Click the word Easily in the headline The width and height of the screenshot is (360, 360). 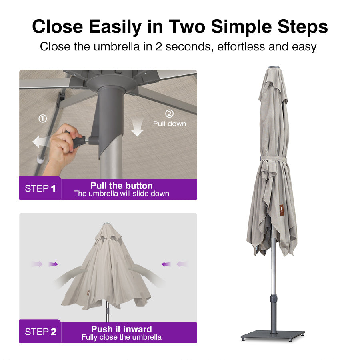[115, 27]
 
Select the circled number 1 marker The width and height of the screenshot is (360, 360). [43, 118]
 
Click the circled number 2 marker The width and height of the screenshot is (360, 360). [170, 114]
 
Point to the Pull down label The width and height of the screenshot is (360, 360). [170, 124]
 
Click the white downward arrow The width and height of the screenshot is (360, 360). [137, 128]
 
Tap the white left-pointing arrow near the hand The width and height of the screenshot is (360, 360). [41, 141]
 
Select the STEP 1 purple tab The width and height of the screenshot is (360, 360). [40, 188]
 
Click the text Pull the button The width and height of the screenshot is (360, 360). [122, 186]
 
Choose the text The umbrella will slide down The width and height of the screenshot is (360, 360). [121, 194]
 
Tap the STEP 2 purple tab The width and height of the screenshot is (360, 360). [40, 331]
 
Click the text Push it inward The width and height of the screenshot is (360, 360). [122, 329]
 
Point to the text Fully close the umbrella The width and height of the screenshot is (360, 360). [122, 337]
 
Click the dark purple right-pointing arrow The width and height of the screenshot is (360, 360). [53, 264]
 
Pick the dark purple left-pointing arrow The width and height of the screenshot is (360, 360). [166, 264]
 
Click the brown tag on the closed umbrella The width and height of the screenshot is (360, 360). [282, 209]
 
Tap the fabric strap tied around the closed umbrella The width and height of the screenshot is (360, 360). [274, 159]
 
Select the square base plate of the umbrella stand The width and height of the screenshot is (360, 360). [273, 336]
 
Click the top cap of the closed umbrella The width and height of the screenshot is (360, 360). [274, 67]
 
